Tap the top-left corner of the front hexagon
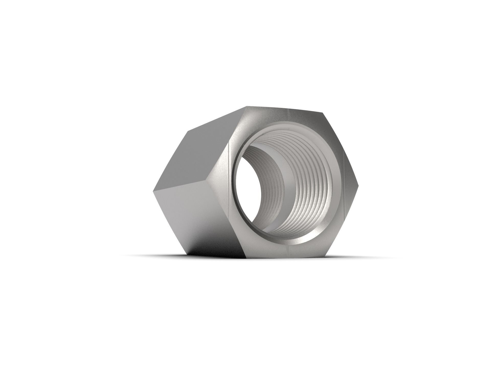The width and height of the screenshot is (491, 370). click(x=247, y=106)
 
